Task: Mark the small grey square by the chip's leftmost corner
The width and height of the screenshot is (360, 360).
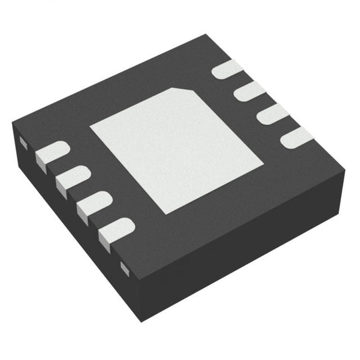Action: tap(21, 142)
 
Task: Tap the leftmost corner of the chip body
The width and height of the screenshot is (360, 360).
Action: tap(13, 124)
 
